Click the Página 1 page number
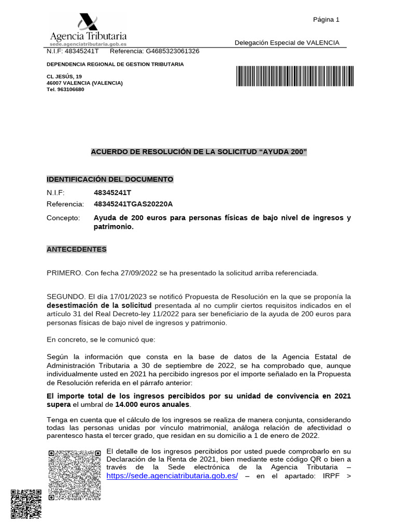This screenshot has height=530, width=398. tap(326, 20)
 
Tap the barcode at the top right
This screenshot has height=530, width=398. tap(295, 76)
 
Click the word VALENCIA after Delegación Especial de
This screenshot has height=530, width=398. tap(322, 42)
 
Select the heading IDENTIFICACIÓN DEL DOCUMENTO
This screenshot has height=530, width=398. tap(110, 179)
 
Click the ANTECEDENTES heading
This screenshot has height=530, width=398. tap(77, 249)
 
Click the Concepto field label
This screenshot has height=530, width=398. tap(63, 218)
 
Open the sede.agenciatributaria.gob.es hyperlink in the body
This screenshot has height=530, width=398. tap(172, 476)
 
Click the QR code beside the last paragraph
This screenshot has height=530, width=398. tap(75, 475)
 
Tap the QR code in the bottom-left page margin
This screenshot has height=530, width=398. tap(26, 505)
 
